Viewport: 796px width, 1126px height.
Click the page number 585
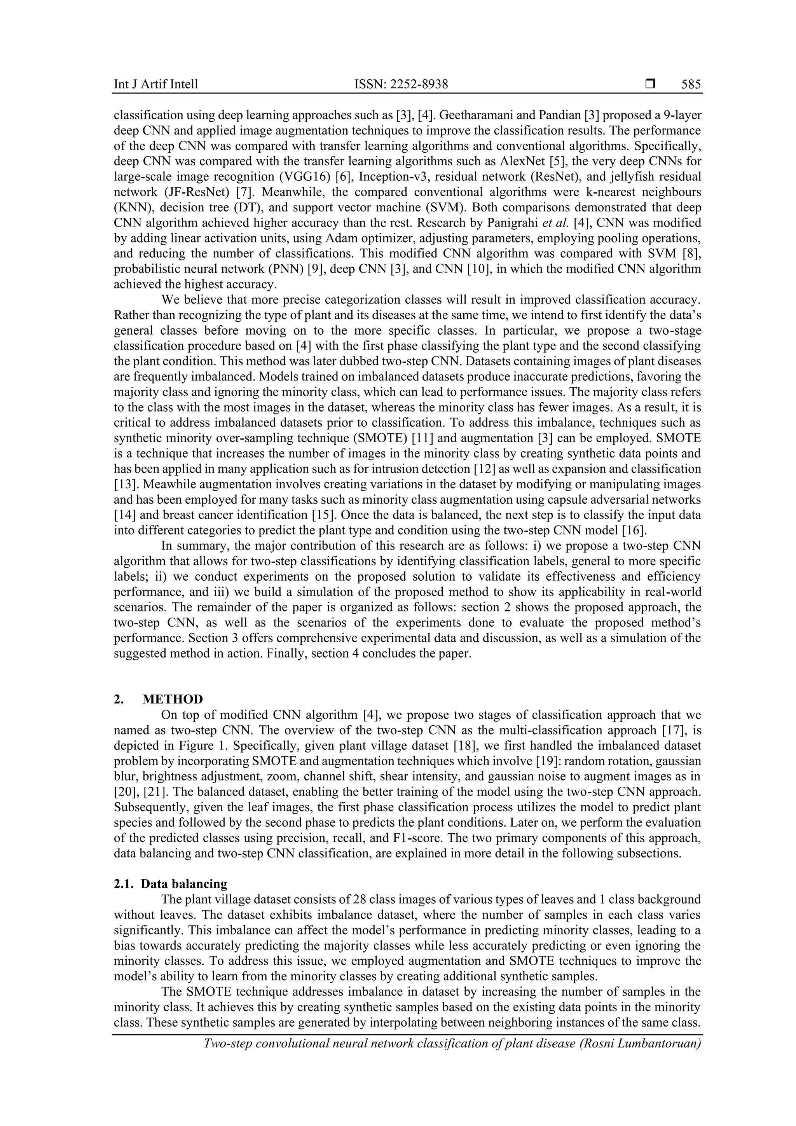pyautogui.click(x=691, y=84)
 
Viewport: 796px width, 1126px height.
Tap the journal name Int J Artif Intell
pyautogui.click(x=156, y=84)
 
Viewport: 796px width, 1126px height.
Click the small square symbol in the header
pyautogui.click(x=650, y=84)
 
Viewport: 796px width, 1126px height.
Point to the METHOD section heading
pyautogui.click(x=173, y=699)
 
